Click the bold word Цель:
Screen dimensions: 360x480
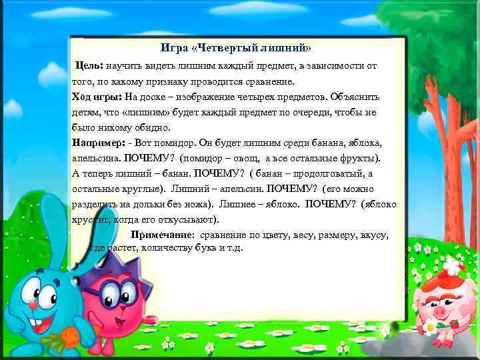(x=88, y=66)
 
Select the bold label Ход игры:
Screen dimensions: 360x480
(x=96, y=97)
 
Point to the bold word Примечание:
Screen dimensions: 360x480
(x=162, y=235)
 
